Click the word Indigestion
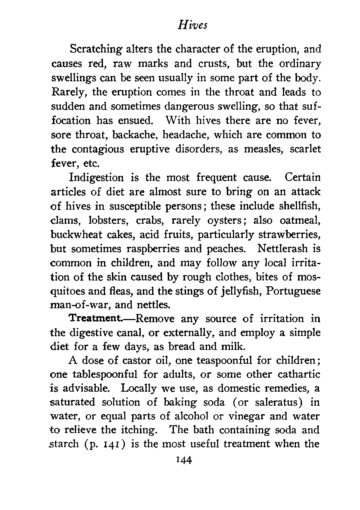click(96, 178)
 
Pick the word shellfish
click(300, 206)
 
